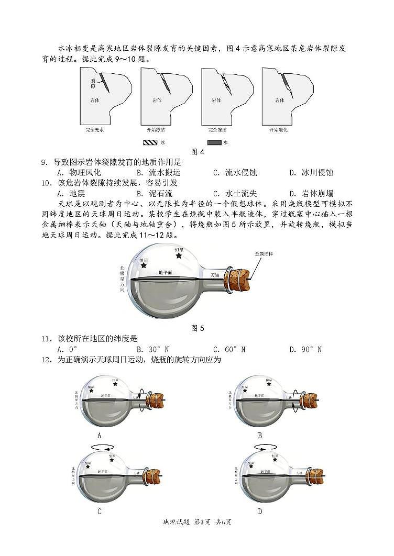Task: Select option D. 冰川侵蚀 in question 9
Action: pos(311,172)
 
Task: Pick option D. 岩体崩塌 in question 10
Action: pos(311,193)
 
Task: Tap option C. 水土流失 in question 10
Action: pos(235,193)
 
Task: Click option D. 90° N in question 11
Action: pos(305,349)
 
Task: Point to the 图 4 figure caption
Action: pos(198,152)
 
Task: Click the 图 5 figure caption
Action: pos(198,328)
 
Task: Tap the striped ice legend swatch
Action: pos(150,142)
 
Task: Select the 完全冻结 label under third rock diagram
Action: pos(217,129)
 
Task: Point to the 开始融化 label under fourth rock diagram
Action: pos(278,129)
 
